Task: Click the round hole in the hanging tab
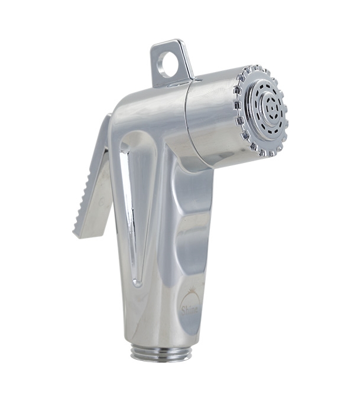click(170, 64)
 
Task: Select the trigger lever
click(95, 183)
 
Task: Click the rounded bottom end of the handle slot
click(137, 282)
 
